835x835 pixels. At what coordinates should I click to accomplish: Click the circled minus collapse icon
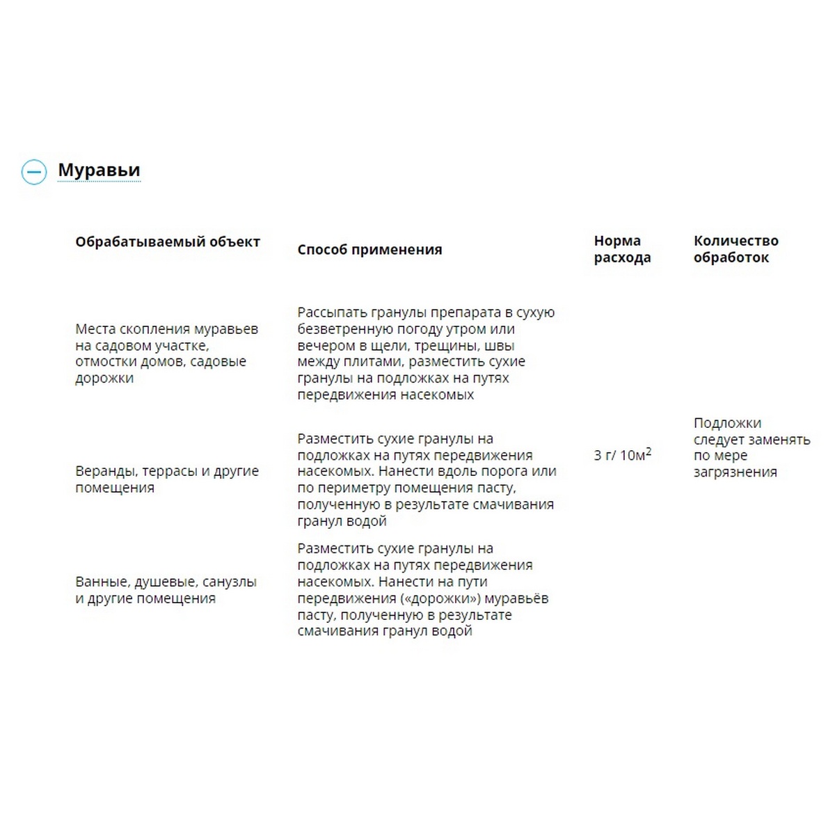[34, 171]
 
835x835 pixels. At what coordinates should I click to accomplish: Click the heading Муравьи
[99, 170]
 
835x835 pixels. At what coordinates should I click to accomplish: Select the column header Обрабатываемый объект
[168, 242]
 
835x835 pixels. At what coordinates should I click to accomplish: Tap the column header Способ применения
[369, 250]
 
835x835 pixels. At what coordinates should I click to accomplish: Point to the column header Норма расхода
[622, 249]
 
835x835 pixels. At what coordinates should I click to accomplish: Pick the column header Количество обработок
[735, 249]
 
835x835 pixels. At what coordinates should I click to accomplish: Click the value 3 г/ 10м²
[622, 455]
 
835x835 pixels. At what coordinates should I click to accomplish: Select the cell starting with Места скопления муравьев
[166, 353]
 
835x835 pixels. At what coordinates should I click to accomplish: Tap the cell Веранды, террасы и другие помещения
[166, 479]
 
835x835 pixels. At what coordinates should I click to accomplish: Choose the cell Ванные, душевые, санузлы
[166, 590]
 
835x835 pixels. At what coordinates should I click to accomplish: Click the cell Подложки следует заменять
[751, 447]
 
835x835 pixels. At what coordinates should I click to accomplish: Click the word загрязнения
[735, 472]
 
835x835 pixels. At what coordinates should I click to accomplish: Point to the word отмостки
[104, 362]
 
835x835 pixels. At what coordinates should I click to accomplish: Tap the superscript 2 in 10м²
[649, 451]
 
